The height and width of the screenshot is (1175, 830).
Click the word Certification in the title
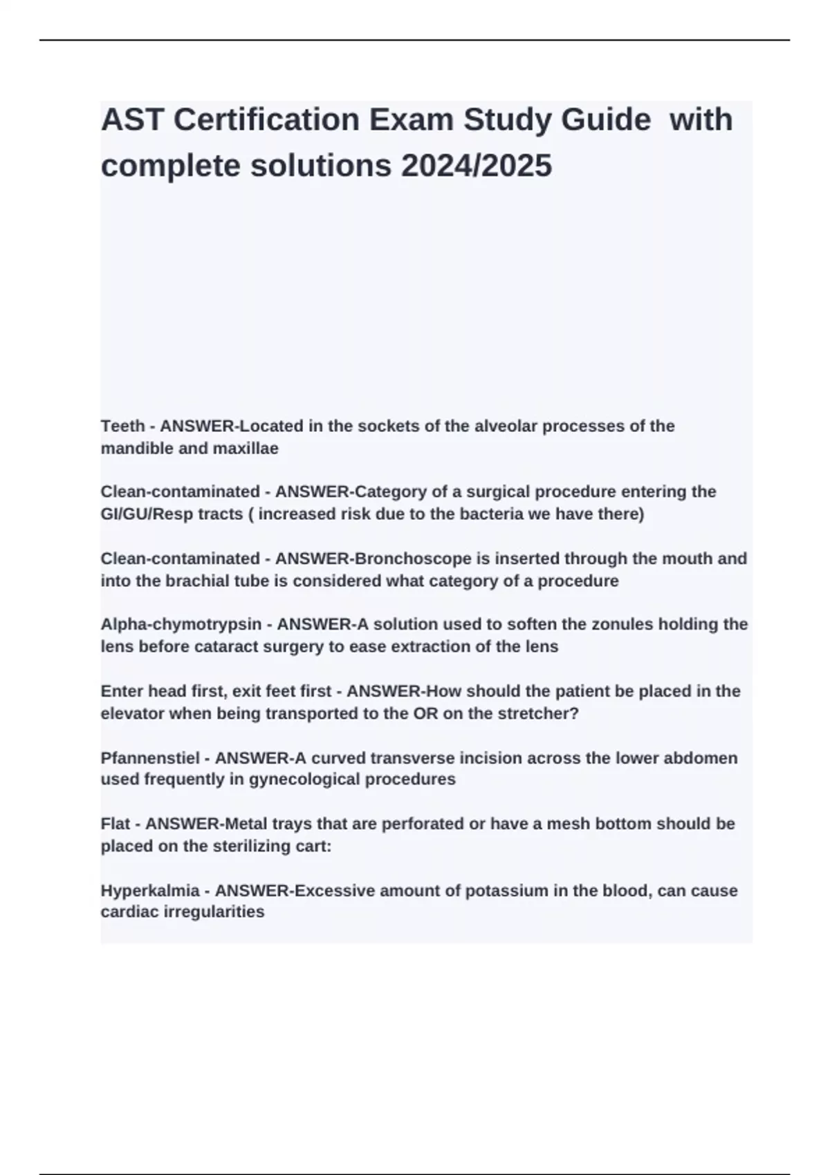266,120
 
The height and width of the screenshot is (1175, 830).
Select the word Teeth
122,426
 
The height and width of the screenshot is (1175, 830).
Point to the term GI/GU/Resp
148,514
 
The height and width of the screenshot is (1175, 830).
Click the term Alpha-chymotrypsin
181,624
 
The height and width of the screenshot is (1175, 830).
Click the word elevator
132,713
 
